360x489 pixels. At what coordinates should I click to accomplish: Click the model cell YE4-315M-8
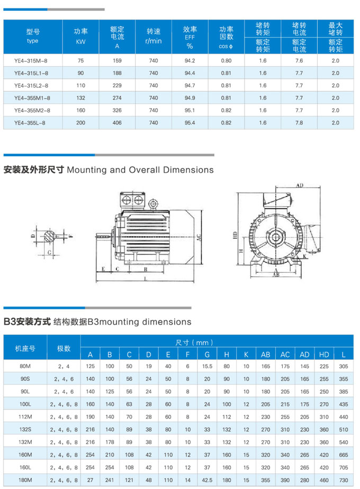point(32,60)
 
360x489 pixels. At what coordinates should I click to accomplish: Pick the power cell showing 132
point(80,97)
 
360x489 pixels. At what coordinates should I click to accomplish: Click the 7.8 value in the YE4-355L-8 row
point(299,122)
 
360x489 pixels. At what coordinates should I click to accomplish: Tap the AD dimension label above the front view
point(300,186)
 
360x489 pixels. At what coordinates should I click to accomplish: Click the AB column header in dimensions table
point(265,354)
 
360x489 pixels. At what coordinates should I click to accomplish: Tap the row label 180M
point(25,480)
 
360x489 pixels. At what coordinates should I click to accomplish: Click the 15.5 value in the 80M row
point(207,366)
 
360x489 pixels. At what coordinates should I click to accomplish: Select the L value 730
point(344,480)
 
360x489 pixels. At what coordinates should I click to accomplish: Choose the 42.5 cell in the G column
point(207,480)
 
